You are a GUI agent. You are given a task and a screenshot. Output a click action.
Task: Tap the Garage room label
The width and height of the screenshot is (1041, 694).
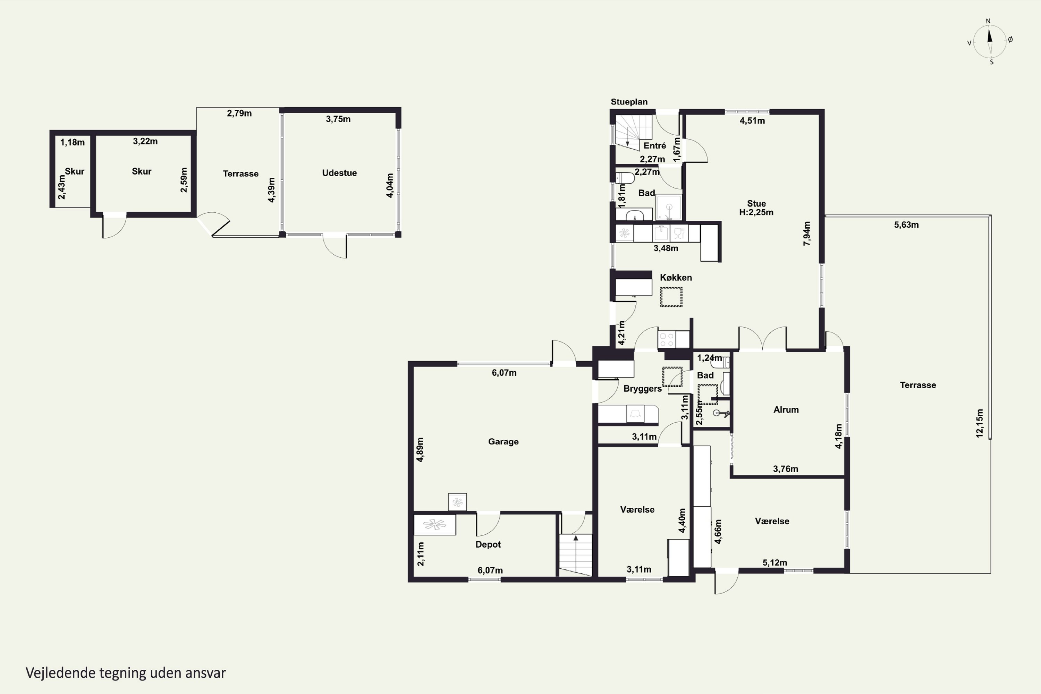[x=503, y=441]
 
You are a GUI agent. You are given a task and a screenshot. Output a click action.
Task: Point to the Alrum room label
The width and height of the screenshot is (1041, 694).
[x=786, y=410]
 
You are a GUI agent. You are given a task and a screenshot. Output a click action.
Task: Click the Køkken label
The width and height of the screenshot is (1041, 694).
[x=676, y=278]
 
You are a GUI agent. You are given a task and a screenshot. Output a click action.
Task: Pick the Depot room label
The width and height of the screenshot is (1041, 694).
[x=488, y=544]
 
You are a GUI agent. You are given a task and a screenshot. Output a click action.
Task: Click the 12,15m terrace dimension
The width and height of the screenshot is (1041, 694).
[x=980, y=424]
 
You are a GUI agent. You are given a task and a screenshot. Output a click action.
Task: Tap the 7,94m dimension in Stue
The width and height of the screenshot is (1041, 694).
[x=807, y=234]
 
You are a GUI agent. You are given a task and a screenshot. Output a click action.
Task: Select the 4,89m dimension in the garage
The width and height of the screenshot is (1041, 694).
[x=420, y=450]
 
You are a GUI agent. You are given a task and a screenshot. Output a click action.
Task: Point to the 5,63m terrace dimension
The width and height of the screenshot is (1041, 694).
[x=906, y=225]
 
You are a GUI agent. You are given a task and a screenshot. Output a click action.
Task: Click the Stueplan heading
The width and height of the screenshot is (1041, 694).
[x=629, y=102]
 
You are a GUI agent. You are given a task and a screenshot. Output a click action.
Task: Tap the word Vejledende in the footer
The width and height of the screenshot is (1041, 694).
[x=61, y=673]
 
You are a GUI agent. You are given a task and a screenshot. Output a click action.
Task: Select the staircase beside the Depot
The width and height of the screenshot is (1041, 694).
[x=575, y=555]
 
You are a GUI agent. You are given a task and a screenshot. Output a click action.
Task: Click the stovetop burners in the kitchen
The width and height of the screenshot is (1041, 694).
[x=667, y=339]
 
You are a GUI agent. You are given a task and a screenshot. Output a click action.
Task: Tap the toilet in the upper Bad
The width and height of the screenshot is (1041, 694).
[x=625, y=177]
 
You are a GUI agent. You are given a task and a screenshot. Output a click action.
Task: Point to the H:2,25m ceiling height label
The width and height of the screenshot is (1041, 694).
[x=756, y=212]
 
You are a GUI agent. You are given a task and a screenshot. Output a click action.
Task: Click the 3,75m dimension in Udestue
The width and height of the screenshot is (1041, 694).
[x=338, y=119]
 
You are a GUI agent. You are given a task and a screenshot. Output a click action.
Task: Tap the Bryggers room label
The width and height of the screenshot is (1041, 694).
[x=643, y=389]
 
